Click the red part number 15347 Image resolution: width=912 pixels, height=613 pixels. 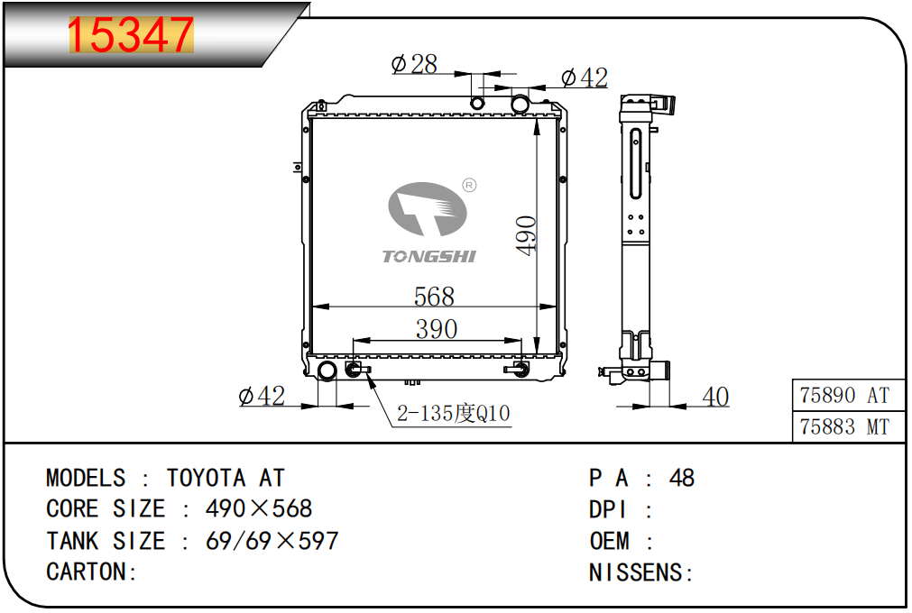tap(131, 35)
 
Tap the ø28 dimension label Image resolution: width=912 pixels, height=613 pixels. tap(414, 64)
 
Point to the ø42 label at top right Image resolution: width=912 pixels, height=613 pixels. tap(585, 78)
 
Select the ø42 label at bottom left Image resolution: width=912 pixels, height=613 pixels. tap(262, 397)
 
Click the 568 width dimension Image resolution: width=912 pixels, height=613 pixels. tap(434, 297)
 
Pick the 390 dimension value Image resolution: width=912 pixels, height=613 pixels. tap(437, 329)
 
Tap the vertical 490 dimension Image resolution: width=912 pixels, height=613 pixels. tap(527, 235)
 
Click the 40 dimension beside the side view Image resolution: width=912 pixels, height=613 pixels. tap(715, 398)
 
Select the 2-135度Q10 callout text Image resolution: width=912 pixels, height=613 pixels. tap(453, 414)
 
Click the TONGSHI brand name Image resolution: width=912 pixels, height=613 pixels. tap(429, 256)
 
